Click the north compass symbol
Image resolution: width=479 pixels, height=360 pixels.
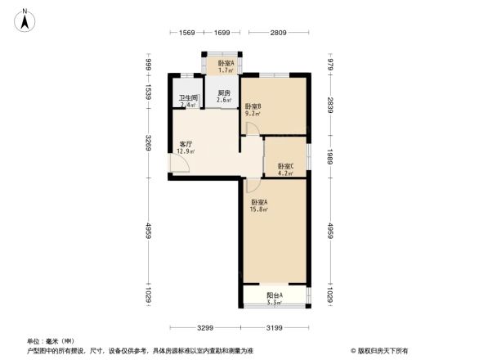pyautogui.click(x=26, y=19)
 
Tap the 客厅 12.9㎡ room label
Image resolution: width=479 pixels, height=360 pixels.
pyautogui.click(x=186, y=146)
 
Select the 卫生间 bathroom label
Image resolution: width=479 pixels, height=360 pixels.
pyautogui.click(x=188, y=101)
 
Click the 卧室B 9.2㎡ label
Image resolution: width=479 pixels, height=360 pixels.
pyautogui.click(x=253, y=110)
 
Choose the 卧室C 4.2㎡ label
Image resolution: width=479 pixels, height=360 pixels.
pyautogui.click(x=285, y=169)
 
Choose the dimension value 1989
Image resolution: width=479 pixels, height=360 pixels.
pyautogui.click(x=329, y=157)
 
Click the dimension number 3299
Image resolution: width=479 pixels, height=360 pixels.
pyautogui.click(x=204, y=328)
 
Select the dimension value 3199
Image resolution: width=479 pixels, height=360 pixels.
pyautogui.click(x=275, y=328)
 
